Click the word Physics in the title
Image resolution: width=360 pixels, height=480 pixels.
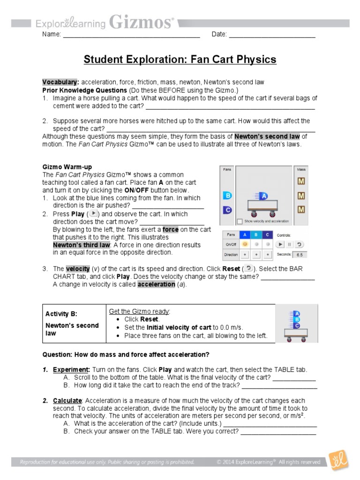255,60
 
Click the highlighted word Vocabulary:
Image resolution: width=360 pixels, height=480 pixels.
60,82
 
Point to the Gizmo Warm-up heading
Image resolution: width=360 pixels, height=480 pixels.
67,167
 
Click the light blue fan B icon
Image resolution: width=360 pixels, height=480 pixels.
227,196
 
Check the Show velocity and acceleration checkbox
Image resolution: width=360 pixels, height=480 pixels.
240,221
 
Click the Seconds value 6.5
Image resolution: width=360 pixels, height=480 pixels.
299,255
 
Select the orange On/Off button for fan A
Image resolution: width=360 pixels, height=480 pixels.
244,244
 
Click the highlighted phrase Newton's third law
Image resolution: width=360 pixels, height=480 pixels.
81,245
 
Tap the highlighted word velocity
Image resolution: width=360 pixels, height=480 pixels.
77,269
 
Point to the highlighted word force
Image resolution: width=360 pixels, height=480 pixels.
171,230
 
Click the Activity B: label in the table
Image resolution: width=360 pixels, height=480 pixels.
61,314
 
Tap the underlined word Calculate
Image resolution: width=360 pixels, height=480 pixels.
67,401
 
